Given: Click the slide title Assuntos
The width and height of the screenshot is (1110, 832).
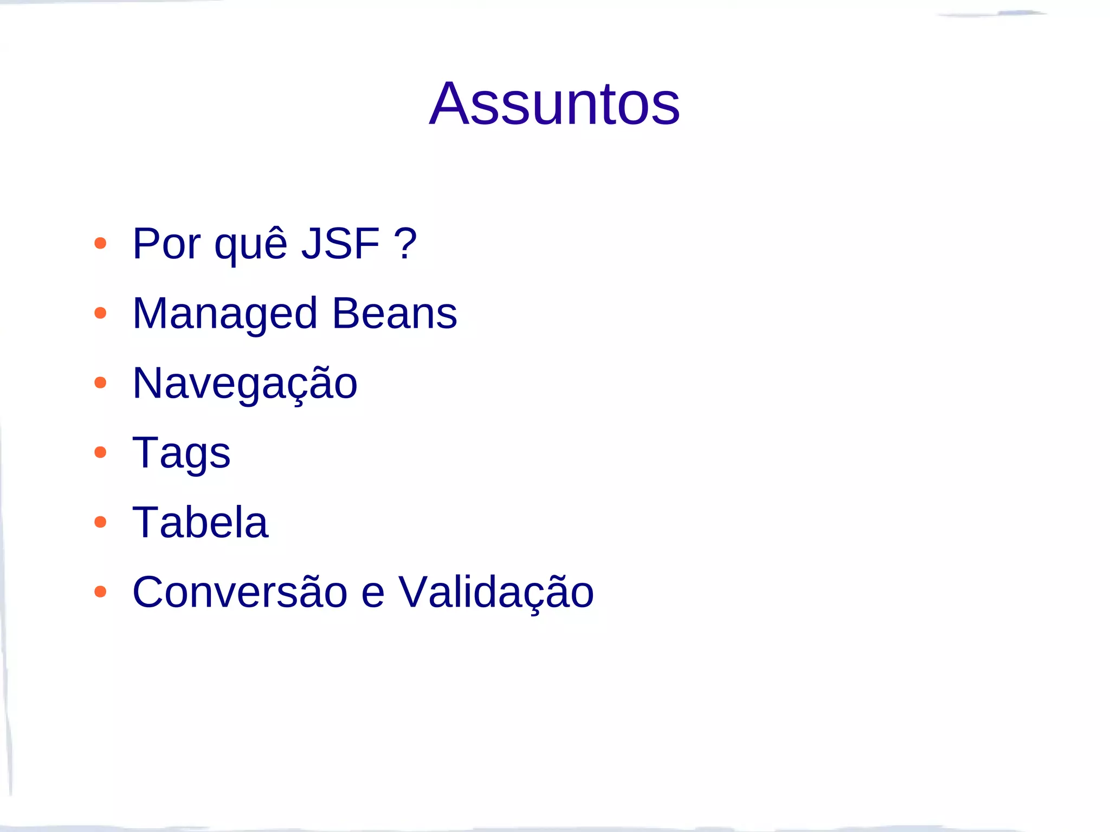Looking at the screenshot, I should [554, 103].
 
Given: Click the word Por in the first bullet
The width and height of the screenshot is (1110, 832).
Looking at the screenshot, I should [166, 244].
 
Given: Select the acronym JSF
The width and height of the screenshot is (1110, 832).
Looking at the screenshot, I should [340, 244].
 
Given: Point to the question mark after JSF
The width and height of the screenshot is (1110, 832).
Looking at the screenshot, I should [405, 244].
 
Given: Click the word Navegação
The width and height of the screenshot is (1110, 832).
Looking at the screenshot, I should [245, 383].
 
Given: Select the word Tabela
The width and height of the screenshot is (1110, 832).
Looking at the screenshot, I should [201, 522].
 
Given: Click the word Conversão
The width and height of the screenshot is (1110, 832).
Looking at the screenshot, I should [240, 591].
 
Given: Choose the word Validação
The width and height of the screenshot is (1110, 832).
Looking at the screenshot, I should [496, 593].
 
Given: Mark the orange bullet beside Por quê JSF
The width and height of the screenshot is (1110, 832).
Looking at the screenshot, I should [100, 243].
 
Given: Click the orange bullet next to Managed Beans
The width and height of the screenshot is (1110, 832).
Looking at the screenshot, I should [100, 313].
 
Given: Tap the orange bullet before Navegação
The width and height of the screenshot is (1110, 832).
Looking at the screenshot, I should [100, 383].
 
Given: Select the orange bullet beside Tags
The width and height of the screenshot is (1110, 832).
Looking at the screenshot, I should [100, 452].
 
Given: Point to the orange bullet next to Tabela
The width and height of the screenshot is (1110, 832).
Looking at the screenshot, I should [100, 522].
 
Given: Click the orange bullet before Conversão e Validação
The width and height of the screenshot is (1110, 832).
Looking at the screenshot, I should [100, 591].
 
